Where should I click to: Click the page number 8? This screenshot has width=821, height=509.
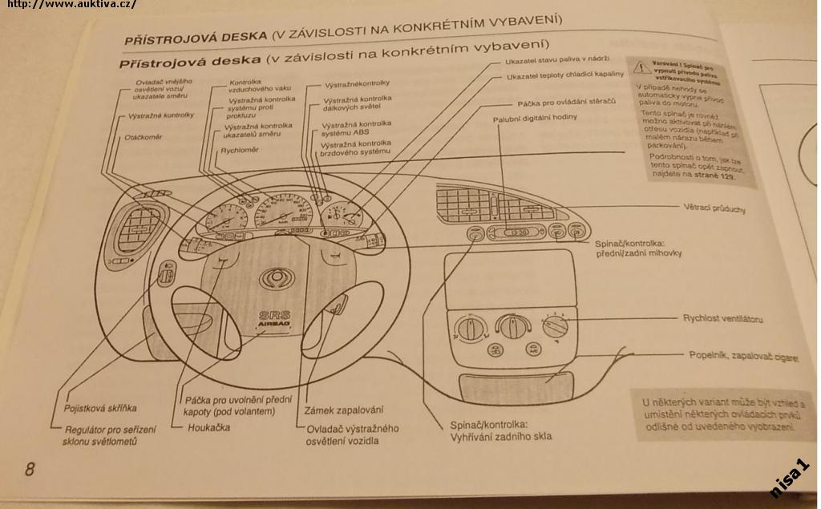pos(30,469)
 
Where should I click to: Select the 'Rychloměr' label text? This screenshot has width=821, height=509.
pos(240,150)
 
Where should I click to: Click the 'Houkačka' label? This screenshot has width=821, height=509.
pos(208,427)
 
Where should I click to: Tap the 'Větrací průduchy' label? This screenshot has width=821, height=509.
pos(717,209)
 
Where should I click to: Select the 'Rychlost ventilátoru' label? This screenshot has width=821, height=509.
pos(722,319)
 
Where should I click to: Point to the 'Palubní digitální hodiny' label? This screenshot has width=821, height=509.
pos(535,118)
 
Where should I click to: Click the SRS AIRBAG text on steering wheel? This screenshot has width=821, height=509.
pos(273,318)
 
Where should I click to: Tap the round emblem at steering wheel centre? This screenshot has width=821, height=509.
pos(274,279)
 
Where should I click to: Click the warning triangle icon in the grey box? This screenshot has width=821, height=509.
pos(640,67)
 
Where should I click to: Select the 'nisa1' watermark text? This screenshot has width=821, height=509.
pos(790,479)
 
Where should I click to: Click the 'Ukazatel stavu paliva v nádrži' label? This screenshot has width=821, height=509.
pos(557,60)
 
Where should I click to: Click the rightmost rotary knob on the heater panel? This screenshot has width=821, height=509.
pos(555,325)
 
